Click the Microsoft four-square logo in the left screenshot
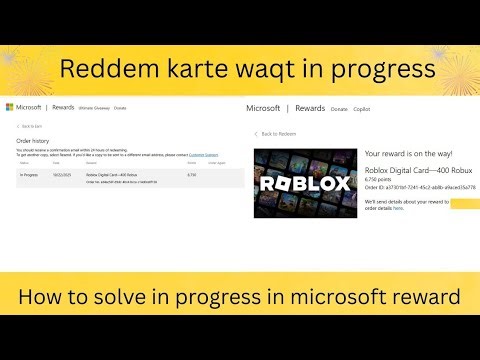click(10, 107)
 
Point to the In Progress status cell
click(29, 175)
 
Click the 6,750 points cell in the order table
click(192, 175)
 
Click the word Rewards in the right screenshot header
click(310, 108)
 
